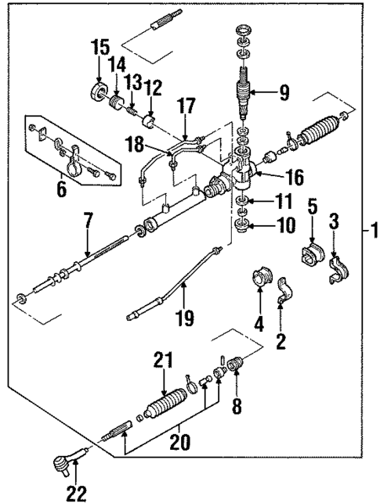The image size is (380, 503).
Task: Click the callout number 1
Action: pos(373,232)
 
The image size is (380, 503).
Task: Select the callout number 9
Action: pos(283,94)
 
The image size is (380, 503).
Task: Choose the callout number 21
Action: pos(162,361)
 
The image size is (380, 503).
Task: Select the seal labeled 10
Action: pos(242,228)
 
